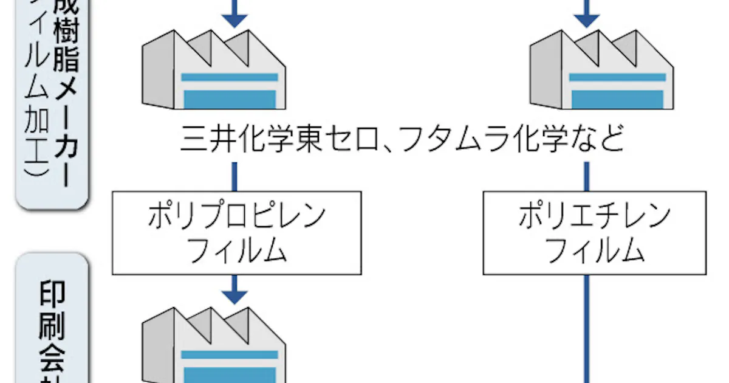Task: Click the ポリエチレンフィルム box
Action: point(594,233)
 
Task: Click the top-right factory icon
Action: point(601,72)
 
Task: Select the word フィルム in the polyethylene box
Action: point(594,251)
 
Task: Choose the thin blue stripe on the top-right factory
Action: point(616,77)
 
